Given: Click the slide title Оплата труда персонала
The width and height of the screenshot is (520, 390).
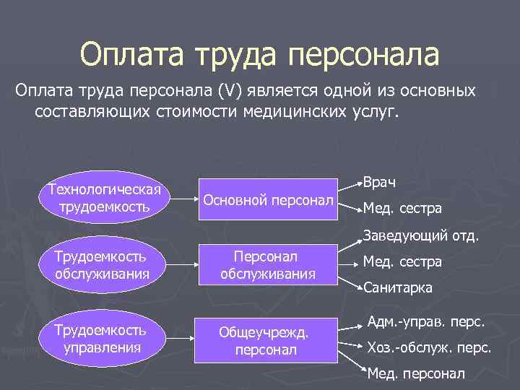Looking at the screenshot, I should click(x=259, y=55).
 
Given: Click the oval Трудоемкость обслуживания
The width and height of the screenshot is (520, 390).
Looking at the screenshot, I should click(x=100, y=265).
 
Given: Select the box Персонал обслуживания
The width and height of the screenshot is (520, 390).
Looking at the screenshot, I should click(x=268, y=265).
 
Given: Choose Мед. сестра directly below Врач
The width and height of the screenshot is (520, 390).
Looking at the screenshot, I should click(x=402, y=209).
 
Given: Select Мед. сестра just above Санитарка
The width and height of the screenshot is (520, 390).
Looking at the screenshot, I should click(x=402, y=262).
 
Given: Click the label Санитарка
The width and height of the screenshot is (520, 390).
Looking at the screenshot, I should click(x=398, y=287).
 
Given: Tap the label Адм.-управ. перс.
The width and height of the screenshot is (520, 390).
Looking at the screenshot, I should click(x=425, y=321).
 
